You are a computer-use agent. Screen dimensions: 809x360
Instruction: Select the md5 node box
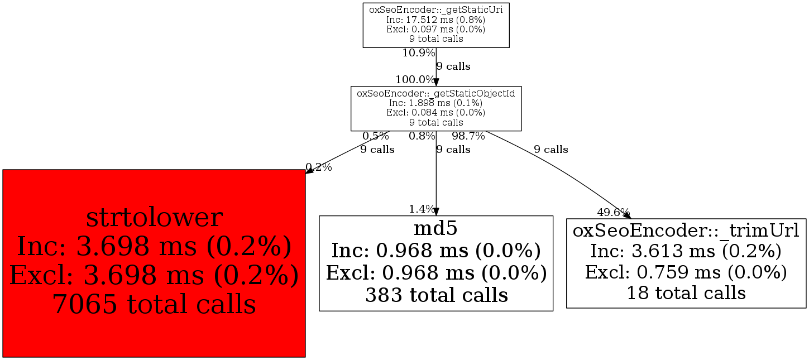436,263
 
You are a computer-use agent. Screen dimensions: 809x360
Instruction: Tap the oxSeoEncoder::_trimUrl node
686,263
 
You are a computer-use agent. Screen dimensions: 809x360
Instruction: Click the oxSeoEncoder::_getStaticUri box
436,25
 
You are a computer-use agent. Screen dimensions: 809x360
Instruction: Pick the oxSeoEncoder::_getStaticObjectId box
436,108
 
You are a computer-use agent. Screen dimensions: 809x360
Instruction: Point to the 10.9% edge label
419,53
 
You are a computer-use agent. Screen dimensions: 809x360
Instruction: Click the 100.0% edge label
415,79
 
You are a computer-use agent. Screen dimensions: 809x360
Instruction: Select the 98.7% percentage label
468,136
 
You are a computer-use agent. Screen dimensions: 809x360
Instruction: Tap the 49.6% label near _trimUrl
613,212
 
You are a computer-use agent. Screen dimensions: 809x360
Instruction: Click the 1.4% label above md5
422,209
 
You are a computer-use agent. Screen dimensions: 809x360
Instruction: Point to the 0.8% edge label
422,136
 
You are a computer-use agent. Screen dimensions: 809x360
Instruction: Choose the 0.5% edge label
376,136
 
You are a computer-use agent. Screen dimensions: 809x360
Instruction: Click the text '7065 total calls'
154,304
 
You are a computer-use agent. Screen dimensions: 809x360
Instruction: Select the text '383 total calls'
436,295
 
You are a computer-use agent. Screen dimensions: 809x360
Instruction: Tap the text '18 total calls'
686,293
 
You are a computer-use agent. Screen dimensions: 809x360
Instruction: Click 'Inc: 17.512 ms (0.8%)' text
436,20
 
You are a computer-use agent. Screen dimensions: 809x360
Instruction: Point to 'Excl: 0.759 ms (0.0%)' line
686,272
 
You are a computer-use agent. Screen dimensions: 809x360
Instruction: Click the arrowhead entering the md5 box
436,212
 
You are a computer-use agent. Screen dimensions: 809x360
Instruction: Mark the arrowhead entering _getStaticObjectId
436,83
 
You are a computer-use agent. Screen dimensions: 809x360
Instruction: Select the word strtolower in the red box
154,218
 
